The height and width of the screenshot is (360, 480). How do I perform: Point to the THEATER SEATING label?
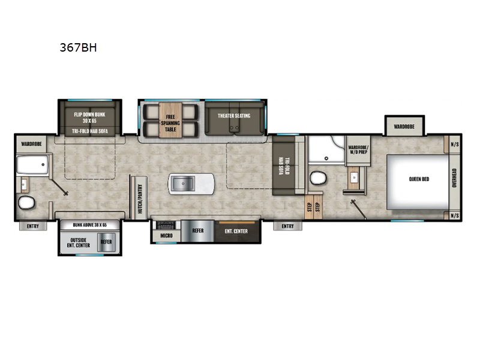[x=234, y=116]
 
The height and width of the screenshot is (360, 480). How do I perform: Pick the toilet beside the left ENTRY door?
[x=26, y=203]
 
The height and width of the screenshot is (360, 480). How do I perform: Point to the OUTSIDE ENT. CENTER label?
[x=78, y=242]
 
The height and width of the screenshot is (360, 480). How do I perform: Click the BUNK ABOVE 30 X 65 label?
[x=89, y=224]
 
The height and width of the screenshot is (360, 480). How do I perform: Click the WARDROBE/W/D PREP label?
[x=359, y=149]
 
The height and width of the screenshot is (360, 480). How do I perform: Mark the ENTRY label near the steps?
[x=287, y=226]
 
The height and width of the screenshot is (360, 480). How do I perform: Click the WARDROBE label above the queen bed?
[x=404, y=127]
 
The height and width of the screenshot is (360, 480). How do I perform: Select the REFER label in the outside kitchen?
[x=106, y=242]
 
